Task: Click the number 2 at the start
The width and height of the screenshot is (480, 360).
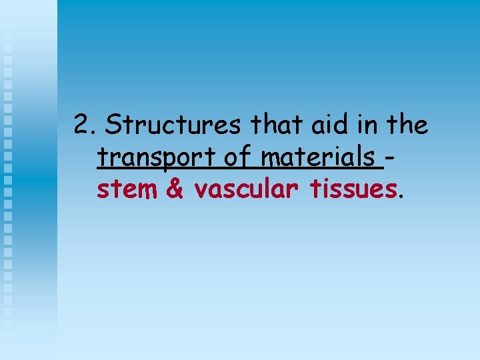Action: coord(81,125)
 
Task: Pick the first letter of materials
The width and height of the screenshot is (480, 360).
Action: coord(271,161)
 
